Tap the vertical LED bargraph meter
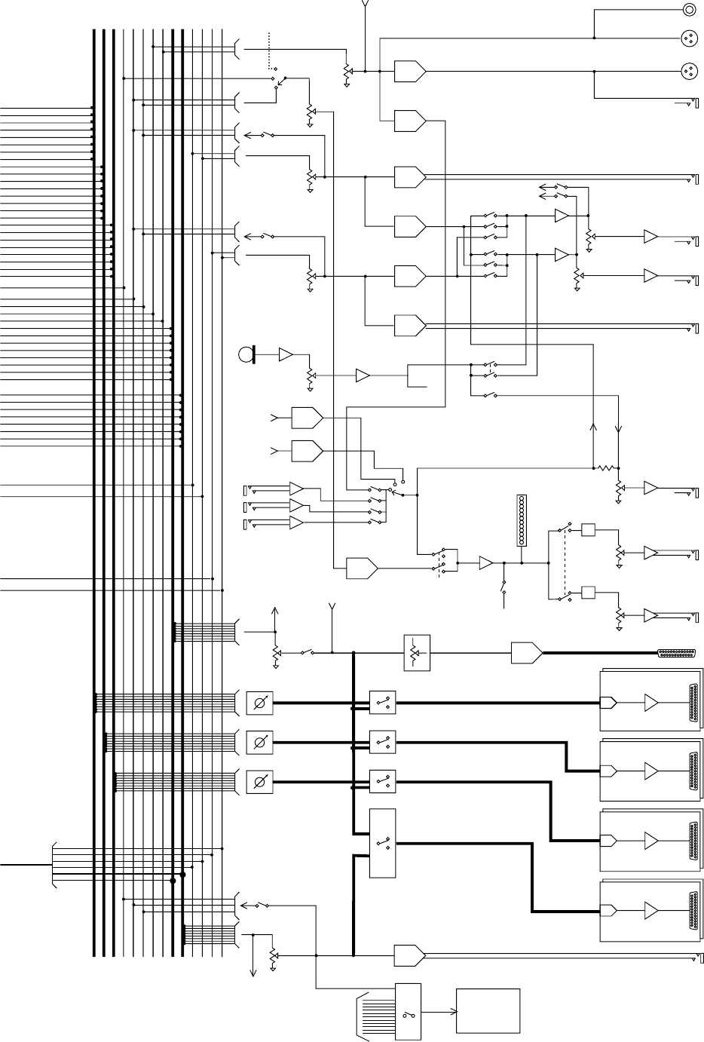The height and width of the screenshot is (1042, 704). pos(521,520)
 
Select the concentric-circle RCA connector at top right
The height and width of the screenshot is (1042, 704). pos(689,9)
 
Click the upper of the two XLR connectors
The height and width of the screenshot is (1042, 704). pos(689,37)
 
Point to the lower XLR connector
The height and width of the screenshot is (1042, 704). pos(689,71)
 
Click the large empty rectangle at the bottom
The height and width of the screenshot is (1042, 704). pos(488,1010)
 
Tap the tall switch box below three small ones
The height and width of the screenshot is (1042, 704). pos(382,843)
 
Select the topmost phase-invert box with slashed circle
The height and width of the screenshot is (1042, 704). pos(259,703)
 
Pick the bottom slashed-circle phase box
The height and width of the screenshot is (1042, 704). pos(259,782)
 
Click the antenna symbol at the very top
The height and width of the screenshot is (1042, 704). pos(365,5)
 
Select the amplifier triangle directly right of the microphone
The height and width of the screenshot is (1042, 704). pos(287,354)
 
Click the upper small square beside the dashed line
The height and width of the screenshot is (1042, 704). pos(589,530)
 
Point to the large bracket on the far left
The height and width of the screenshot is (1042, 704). pos(54,864)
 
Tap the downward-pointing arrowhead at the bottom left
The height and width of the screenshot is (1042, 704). pos(253,973)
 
